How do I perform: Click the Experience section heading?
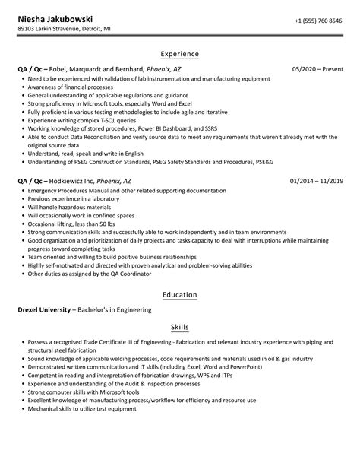(180, 54)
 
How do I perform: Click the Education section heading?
(180, 294)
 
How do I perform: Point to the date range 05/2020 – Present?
(317, 69)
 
